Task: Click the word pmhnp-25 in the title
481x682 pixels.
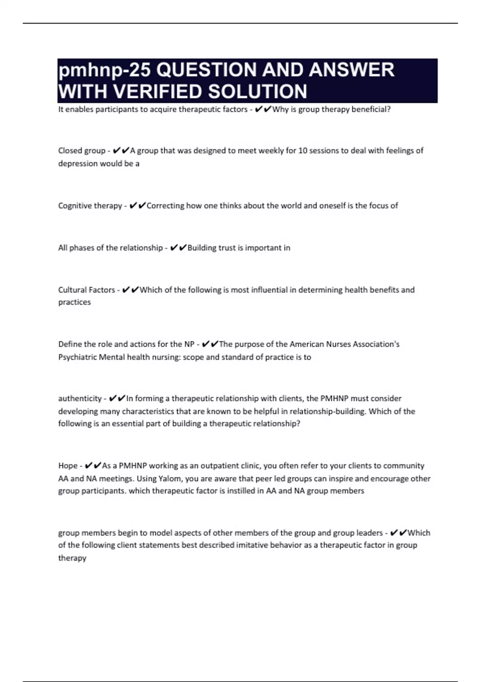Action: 105,71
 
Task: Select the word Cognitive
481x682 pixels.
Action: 75,206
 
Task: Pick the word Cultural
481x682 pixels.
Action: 72,290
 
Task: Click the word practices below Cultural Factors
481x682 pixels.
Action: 75,302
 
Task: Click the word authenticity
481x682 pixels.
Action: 80,398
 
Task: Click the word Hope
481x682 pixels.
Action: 68,466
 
